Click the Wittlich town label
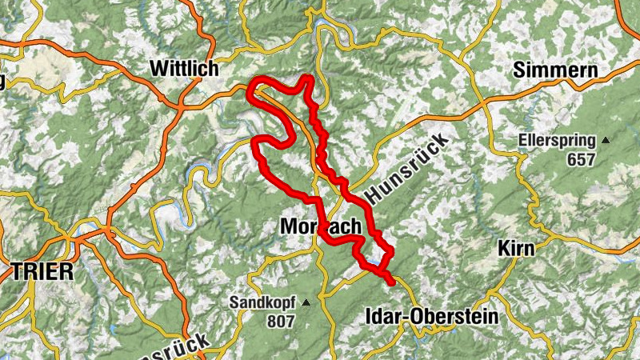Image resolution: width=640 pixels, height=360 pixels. coord(184,70)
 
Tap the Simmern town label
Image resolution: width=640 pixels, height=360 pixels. coord(556,70)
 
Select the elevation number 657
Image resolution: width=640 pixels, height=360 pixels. coord(581,159)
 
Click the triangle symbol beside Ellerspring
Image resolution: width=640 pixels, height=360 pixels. coord(606,141)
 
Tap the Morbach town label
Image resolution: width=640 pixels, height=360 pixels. coord(321,227)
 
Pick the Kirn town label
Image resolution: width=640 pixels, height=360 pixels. coord(516,247)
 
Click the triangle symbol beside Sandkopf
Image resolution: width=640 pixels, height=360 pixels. coord(305,303)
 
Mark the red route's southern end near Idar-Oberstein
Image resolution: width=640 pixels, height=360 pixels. coord(392,282)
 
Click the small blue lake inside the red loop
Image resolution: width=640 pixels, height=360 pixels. coord(374,262)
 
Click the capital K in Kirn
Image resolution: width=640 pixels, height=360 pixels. coord(502,247)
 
